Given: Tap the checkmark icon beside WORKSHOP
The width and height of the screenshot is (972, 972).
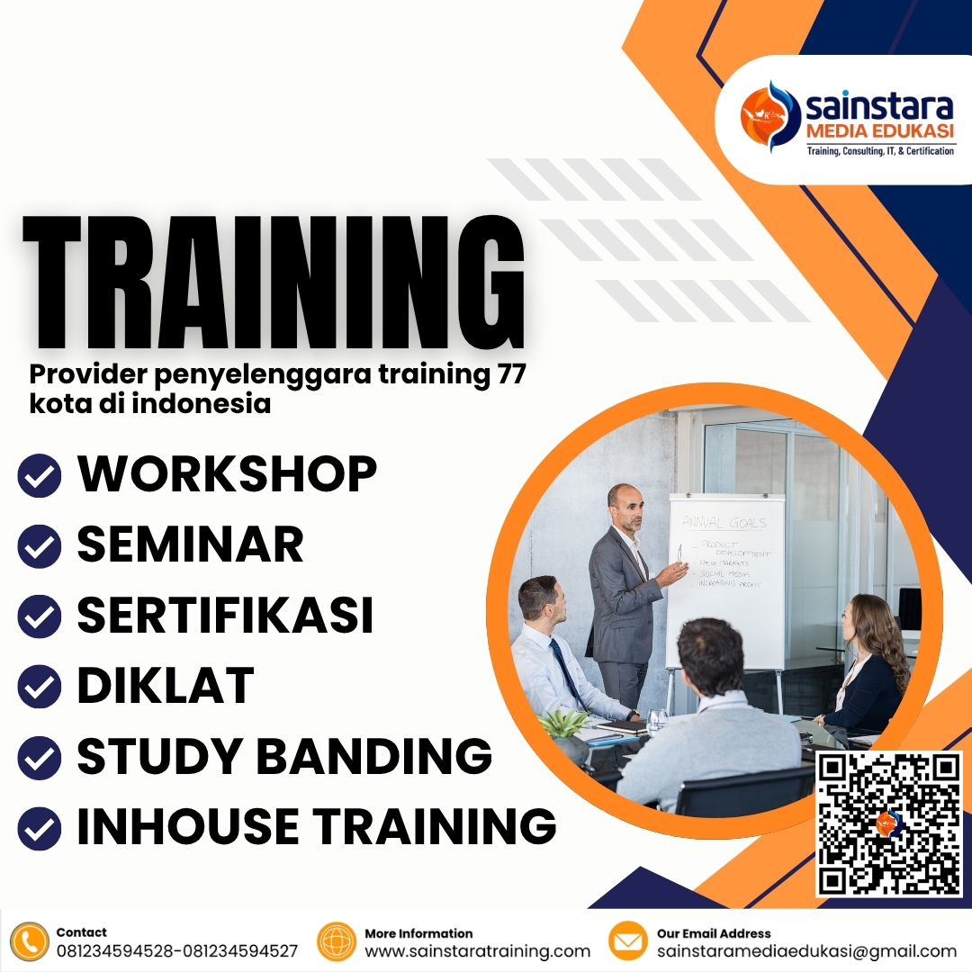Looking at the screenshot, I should [x=40, y=476].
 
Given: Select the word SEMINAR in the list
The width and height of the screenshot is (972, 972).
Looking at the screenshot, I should [x=190, y=544].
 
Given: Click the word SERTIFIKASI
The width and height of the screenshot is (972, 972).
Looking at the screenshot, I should [x=225, y=615].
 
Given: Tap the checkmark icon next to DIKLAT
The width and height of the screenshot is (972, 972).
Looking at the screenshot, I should [x=40, y=687].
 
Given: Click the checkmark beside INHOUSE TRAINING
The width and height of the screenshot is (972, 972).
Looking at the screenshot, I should [x=40, y=828].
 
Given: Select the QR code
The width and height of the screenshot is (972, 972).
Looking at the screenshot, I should [x=888, y=823].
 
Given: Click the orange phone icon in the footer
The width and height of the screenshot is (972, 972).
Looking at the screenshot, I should [x=30, y=941].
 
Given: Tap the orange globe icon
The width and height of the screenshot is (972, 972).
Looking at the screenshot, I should [x=337, y=941].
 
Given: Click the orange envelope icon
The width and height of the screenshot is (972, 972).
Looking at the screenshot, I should [x=628, y=941].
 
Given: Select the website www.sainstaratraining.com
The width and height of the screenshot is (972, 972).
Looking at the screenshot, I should [x=477, y=951].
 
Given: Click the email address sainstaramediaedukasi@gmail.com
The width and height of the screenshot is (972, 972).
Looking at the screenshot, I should [x=806, y=951].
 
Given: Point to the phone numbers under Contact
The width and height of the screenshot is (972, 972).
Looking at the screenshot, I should [x=176, y=951].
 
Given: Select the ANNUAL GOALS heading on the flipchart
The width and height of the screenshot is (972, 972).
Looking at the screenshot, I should [x=724, y=521].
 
